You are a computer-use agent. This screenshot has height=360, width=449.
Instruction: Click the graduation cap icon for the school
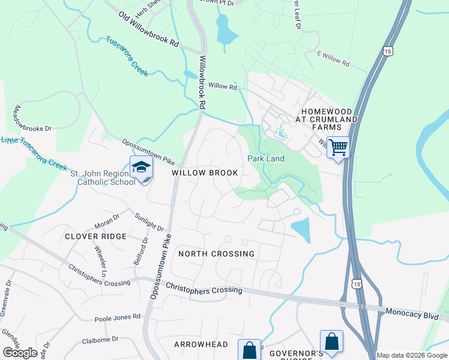click(141, 167)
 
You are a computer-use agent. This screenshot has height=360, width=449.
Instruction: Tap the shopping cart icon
click(339, 146)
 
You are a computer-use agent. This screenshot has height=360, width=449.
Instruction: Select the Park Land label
click(266, 158)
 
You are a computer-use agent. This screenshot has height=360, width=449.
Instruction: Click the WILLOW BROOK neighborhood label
click(205, 173)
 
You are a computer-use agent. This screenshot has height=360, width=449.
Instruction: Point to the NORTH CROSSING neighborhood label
click(217, 254)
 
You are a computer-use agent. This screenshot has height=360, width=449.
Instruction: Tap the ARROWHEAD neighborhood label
click(201, 344)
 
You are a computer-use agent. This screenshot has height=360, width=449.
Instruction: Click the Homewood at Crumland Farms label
click(329, 119)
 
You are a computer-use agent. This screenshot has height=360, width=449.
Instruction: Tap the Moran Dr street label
click(107, 221)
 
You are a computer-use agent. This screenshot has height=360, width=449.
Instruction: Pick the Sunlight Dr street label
click(149, 221)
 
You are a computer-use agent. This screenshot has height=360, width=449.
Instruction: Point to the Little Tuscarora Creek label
click(34, 152)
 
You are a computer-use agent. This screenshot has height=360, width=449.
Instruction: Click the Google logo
click(20, 353)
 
